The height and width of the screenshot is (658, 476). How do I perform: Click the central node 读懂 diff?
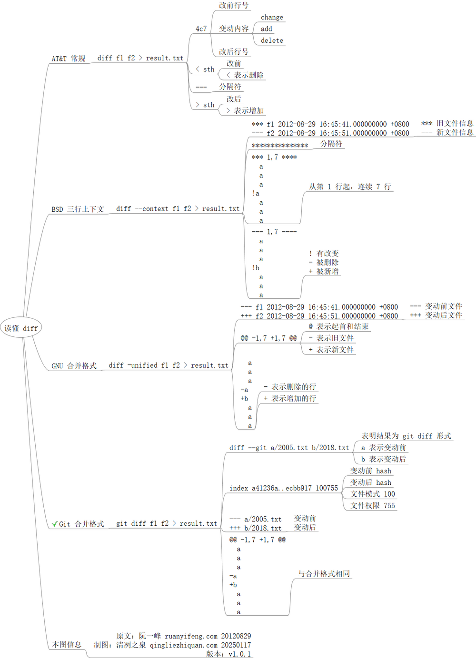[21, 328]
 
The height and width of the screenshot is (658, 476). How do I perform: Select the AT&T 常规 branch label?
[69, 59]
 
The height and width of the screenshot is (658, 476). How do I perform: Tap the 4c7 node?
[201, 29]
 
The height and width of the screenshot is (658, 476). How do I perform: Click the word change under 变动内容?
[272, 17]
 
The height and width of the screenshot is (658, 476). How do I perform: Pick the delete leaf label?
[272, 40]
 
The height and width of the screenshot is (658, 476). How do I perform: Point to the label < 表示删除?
[245, 75]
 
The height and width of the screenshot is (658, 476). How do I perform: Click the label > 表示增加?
[245, 111]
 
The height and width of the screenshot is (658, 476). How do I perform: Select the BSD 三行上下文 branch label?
[78, 209]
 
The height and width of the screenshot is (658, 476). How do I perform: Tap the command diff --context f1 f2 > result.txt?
[178, 209]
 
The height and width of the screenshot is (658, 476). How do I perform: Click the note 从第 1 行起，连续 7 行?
[350, 187]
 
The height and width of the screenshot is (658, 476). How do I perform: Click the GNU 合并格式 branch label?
[74, 366]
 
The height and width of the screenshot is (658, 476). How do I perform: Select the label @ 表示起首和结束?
[338, 326]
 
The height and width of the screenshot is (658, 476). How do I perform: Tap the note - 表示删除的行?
[290, 387]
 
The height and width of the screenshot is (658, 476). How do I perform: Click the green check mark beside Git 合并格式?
[54, 524]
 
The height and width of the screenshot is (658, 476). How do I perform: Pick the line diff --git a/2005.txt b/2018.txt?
[289, 448]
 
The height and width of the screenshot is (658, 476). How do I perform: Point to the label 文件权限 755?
[373, 506]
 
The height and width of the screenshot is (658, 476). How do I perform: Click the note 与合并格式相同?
[324, 574]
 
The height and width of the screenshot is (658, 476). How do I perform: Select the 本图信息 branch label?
[67, 645]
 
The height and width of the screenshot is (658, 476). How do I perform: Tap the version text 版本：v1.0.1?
[228, 654]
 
